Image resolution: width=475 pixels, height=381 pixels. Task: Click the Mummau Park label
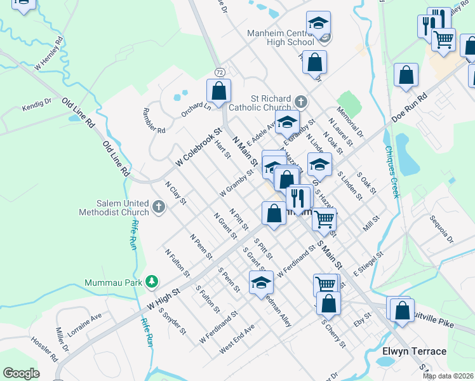click(114, 282)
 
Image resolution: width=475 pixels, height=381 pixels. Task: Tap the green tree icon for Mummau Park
click(151, 281)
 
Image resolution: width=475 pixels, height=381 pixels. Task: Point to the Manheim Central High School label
click(283, 37)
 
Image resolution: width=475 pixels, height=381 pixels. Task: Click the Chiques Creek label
click(391, 172)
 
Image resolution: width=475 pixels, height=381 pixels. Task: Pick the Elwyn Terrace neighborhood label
click(414, 351)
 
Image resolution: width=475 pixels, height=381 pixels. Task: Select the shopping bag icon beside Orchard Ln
click(218, 91)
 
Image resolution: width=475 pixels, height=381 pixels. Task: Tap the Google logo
click(21, 373)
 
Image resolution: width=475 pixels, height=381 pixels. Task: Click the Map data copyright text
click(448, 376)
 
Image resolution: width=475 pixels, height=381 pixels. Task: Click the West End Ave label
click(237, 338)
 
